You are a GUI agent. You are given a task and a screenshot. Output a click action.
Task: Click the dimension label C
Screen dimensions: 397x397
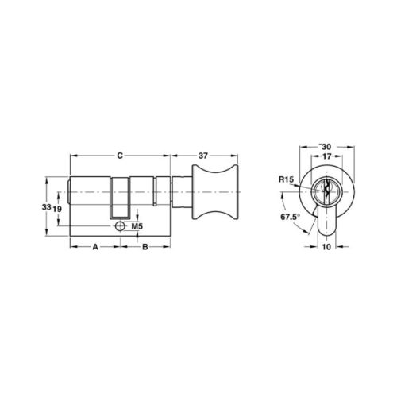click(120, 156)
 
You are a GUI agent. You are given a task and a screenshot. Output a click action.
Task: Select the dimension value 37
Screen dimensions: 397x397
click(203, 156)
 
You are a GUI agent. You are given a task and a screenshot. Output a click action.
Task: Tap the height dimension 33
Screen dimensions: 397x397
click(46, 207)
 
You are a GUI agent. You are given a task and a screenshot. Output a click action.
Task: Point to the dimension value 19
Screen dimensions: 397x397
click(57, 209)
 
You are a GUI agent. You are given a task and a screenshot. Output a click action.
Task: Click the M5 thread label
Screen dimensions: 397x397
click(137, 226)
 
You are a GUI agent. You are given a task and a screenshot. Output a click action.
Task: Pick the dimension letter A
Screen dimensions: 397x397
click(95, 247)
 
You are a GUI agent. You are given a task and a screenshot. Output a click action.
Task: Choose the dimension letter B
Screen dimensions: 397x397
click(145, 247)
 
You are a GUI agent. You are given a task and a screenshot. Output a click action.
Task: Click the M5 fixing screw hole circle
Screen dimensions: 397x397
click(120, 226)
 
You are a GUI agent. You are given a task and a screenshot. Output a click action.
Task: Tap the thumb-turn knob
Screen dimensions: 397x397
click(215, 192)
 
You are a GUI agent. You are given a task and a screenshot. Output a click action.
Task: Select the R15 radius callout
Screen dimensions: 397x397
click(286, 179)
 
